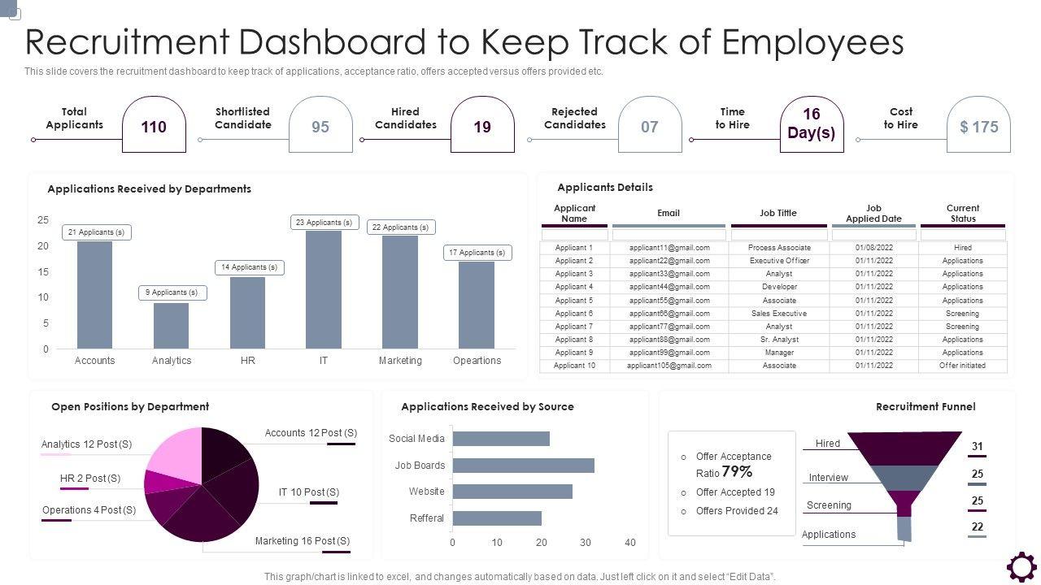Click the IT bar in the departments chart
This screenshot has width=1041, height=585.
(324, 289)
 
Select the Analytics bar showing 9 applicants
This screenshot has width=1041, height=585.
(171, 325)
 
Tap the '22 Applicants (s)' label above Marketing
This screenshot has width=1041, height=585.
(400, 227)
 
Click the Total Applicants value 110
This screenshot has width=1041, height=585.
(154, 127)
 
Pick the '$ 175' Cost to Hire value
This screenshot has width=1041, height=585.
(978, 127)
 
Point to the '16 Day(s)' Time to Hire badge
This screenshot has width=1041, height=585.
(811, 123)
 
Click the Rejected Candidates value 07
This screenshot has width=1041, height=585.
(649, 127)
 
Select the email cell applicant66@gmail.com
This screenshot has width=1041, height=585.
(669, 314)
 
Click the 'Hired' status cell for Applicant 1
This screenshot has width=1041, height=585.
(963, 248)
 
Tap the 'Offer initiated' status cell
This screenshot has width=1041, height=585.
(963, 366)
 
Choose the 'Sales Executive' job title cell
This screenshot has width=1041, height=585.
(778, 314)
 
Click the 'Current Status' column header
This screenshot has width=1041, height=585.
(963, 214)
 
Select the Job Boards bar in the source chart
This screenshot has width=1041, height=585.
(523, 466)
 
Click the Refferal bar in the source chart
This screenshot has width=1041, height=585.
(496, 518)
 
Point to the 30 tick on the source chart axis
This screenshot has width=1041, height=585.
(586, 543)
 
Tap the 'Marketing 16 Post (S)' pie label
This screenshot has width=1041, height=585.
(303, 541)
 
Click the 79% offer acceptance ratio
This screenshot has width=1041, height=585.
(737, 472)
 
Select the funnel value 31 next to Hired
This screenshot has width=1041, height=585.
(977, 446)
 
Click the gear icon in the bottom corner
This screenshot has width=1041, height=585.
(1021, 567)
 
